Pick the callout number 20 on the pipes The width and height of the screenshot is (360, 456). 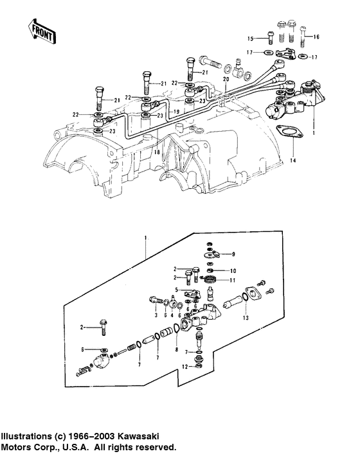coord(225,78)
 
